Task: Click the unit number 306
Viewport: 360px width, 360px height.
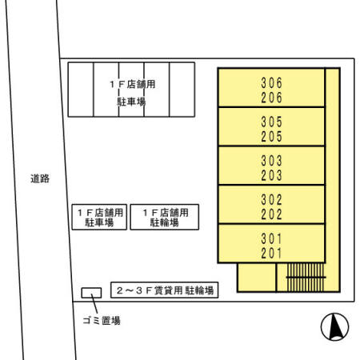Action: [x=272, y=82]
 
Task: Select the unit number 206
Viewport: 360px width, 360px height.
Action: [x=272, y=97]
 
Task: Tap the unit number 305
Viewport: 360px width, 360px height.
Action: [x=272, y=122]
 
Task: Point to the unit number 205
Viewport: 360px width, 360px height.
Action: [x=272, y=136]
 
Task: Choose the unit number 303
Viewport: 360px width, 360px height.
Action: [x=272, y=160]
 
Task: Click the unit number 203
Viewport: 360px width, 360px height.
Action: [x=272, y=174]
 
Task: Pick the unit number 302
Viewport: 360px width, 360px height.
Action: [x=272, y=199]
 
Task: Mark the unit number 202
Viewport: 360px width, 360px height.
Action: [x=272, y=214]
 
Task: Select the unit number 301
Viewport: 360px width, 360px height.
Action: [x=272, y=238]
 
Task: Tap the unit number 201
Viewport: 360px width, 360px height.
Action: [x=272, y=253]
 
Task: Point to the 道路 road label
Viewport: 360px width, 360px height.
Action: [x=40, y=179]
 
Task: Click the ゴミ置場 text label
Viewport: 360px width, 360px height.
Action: [x=102, y=321]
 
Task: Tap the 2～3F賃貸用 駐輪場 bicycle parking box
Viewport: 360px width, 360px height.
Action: [x=166, y=291]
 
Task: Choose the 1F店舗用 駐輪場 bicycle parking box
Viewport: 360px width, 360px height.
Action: [x=164, y=218]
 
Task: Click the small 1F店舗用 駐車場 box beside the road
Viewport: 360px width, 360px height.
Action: [x=100, y=218]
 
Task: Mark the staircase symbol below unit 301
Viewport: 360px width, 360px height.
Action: [x=304, y=277]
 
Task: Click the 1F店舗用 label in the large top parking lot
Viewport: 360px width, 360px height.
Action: [x=130, y=83]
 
